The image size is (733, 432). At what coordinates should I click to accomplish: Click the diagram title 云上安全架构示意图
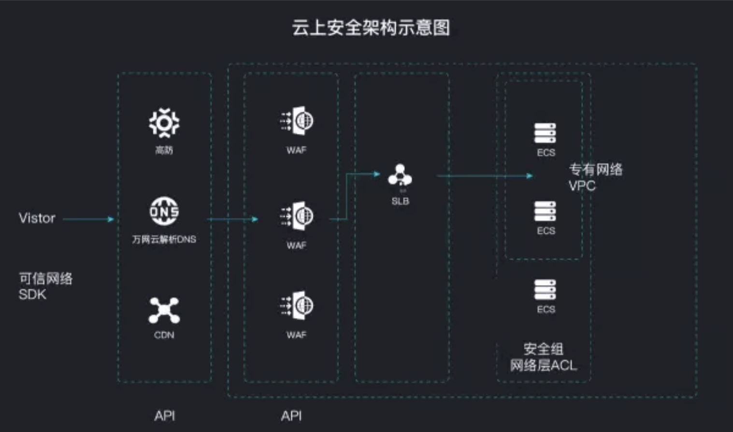click(371, 28)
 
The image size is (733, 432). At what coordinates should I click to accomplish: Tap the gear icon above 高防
click(164, 122)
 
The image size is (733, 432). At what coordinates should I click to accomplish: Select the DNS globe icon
click(164, 211)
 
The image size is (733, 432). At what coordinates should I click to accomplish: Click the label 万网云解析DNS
click(164, 239)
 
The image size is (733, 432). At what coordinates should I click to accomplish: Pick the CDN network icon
click(164, 310)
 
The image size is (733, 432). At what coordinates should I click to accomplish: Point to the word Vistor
click(37, 218)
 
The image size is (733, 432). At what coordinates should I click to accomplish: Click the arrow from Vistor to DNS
click(88, 219)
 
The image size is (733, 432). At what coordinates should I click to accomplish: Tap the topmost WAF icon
click(297, 120)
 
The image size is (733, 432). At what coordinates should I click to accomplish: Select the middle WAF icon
click(297, 216)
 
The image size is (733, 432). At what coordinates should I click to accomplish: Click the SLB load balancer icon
click(400, 175)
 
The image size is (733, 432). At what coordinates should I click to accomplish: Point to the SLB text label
click(400, 202)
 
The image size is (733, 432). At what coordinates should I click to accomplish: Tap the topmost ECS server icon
click(545, 133)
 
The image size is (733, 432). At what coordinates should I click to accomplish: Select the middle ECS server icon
click(545, 211)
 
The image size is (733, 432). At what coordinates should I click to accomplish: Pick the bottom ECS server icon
click(545, 289)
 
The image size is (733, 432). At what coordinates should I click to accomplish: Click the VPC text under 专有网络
click(582, 186)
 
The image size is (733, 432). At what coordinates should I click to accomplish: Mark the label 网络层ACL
click(544, 365)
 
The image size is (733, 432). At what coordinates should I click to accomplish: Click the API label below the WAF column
click(291, 416)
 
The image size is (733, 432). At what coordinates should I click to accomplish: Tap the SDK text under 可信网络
click(32, 294)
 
